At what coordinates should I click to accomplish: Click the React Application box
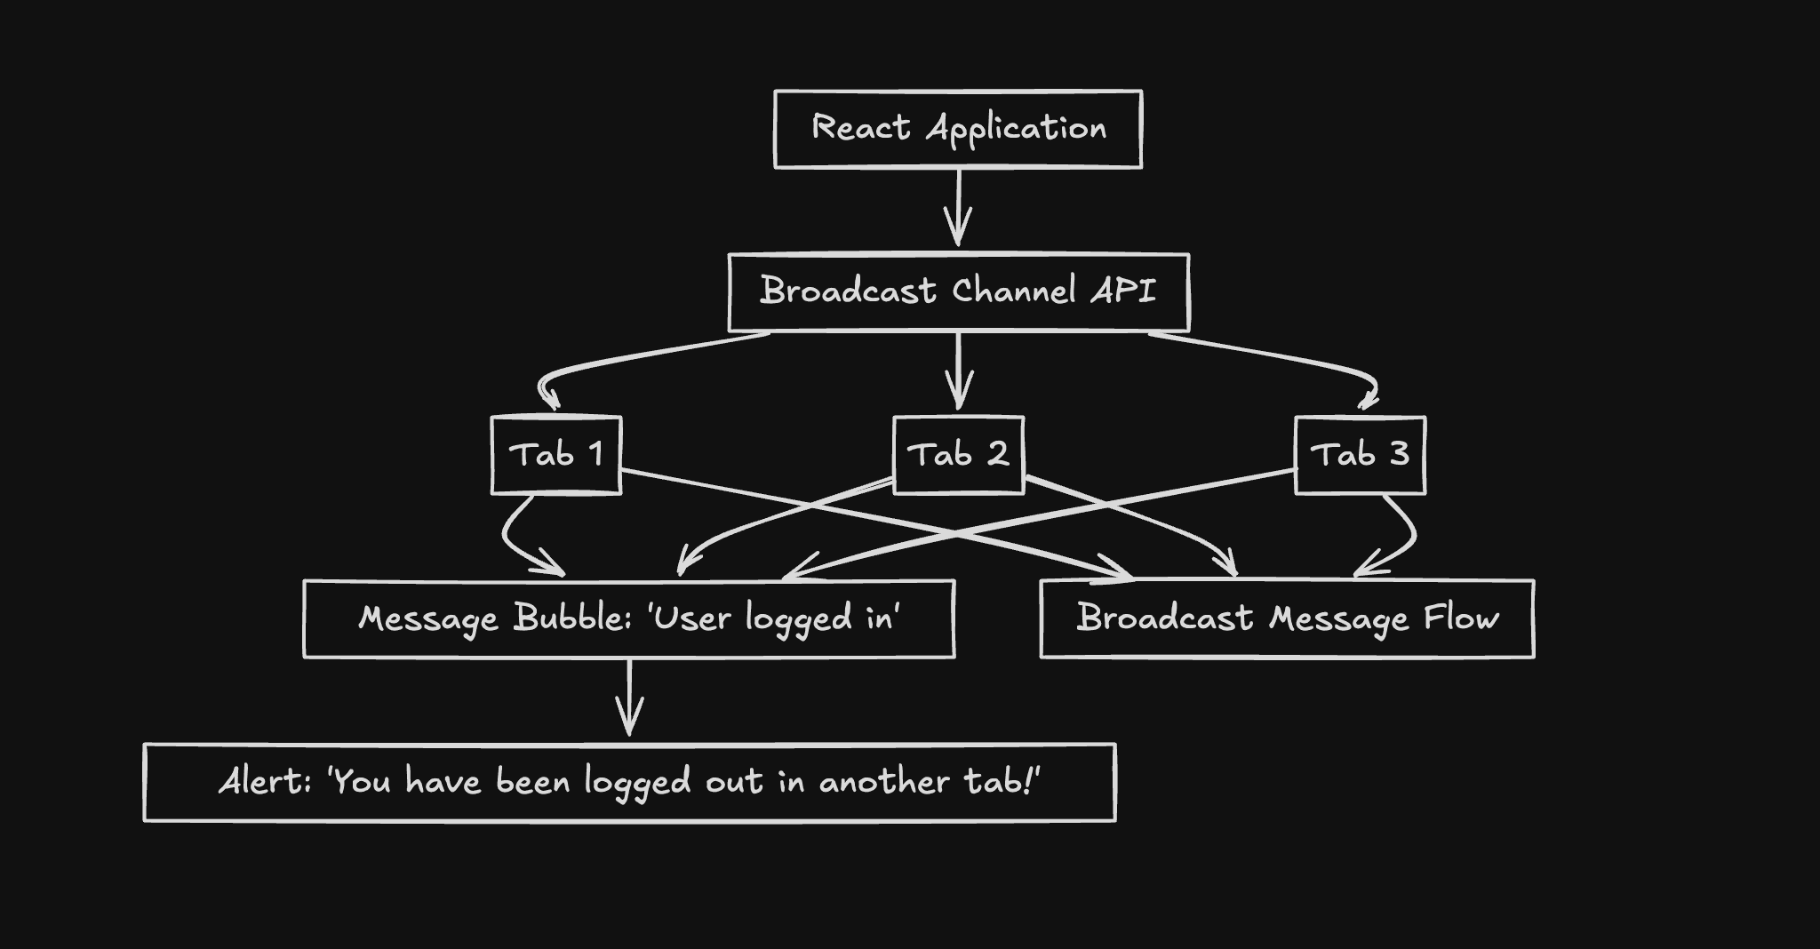click(x=957, y=129)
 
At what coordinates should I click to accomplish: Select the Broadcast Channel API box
click(x=958, y=292)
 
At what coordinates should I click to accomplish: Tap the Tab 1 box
click(x=556, y=455)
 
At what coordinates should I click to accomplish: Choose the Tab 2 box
click(x=958, y=455)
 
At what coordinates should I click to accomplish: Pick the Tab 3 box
click(x=1360, y=455)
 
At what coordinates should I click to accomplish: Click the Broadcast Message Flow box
click(x=1287, y=618)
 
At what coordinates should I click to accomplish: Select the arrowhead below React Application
click(x=958, y=229)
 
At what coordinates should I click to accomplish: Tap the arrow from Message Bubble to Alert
click(x=629, y=698)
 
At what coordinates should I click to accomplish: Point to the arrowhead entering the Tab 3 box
click(x=1369, y=400)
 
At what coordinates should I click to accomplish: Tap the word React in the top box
click(x=860, y=128)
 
